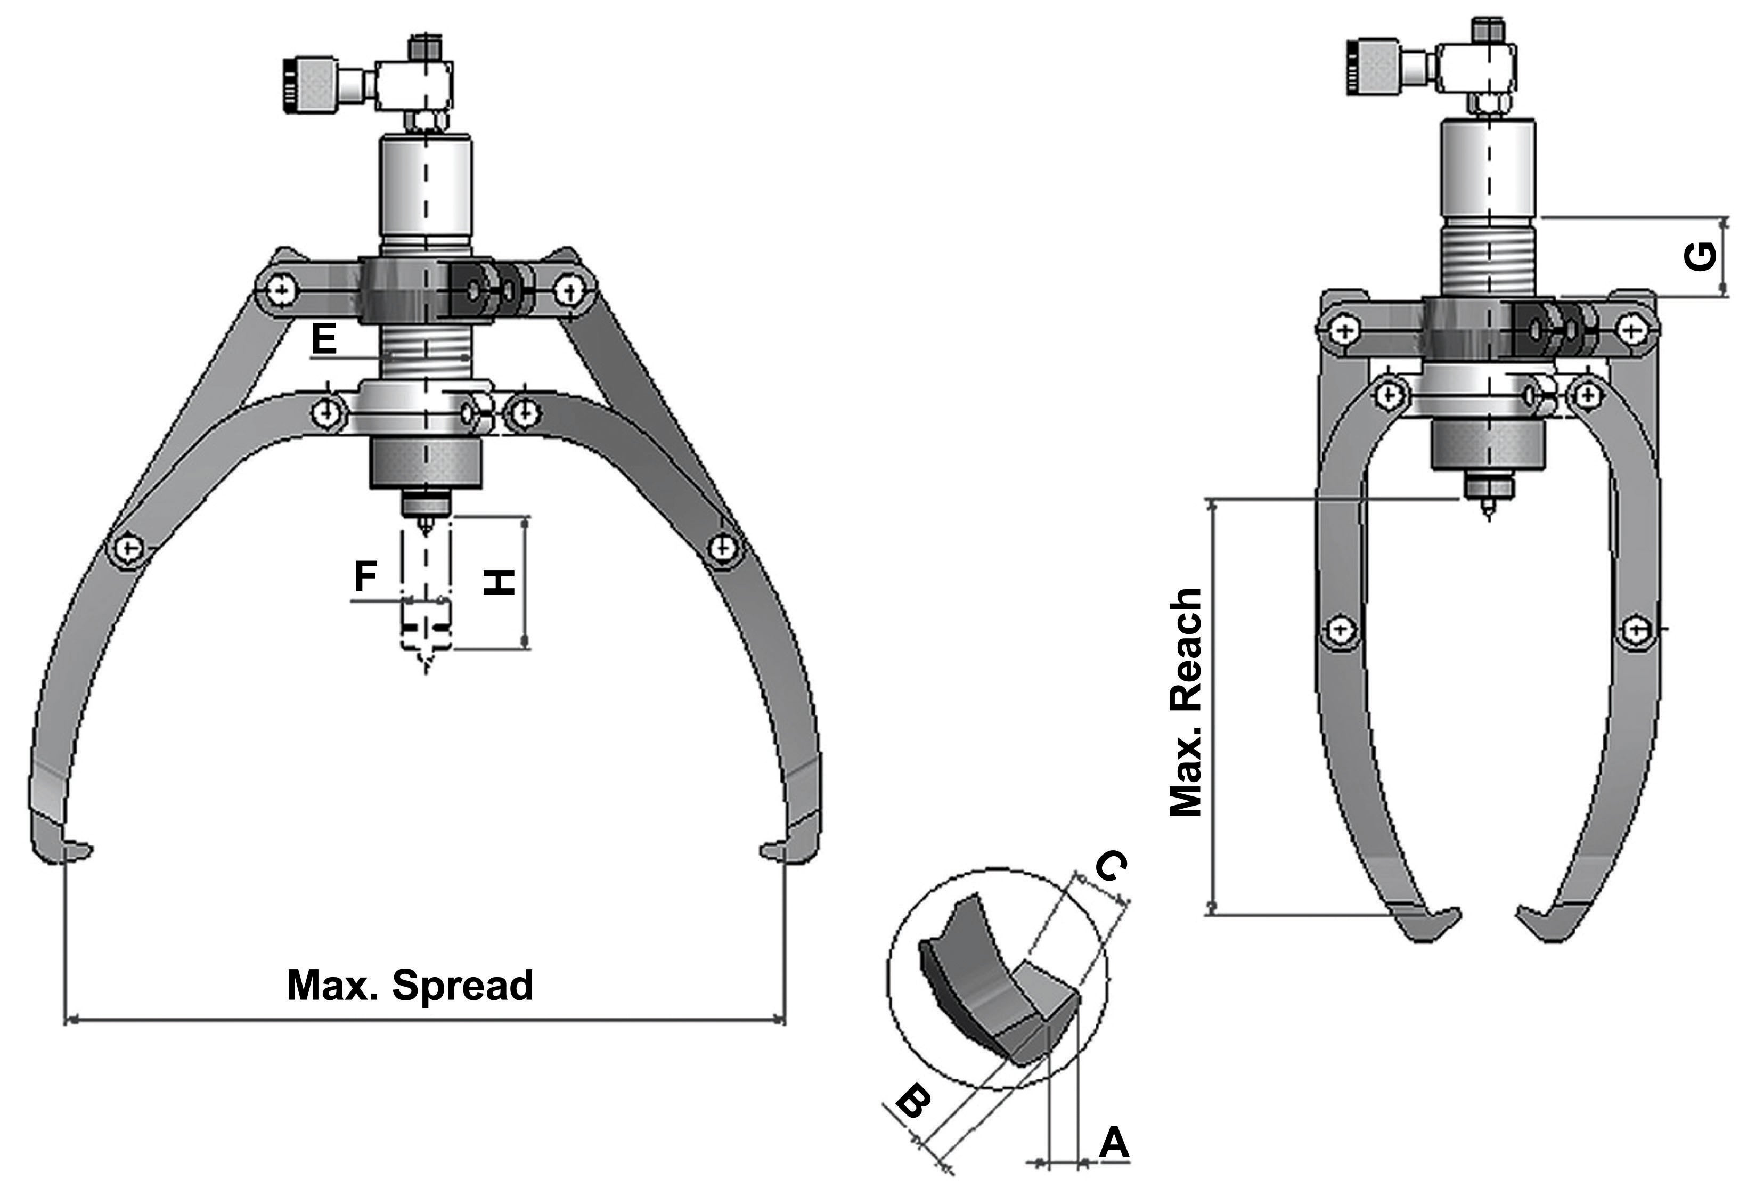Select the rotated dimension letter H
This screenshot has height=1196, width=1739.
point(498,582)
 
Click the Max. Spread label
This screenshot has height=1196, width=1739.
point(410,985)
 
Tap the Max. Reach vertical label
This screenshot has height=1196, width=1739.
point(1187,702)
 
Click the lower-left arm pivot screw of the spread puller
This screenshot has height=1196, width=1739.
point(128,549)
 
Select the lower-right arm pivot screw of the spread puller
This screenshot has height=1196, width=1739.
point(722,547)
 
